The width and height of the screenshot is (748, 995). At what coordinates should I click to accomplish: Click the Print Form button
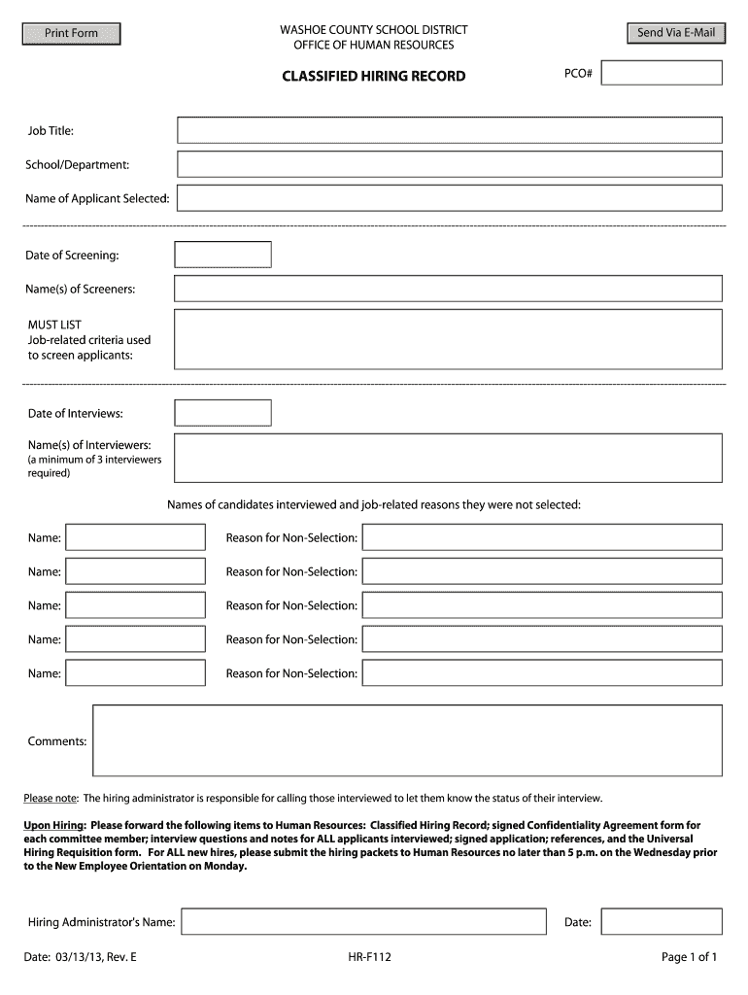click(72, 34)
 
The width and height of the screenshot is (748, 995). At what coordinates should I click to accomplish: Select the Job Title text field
click(449, 130)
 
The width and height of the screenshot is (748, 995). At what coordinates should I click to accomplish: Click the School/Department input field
click(449, 164)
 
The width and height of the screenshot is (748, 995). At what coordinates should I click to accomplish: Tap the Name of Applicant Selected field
click(449, 198)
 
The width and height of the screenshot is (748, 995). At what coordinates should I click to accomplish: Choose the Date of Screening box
click(222, 255)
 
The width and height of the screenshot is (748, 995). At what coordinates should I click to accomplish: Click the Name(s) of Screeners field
click(448, 289)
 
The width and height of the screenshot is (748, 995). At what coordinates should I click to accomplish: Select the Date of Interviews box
click(222, 413)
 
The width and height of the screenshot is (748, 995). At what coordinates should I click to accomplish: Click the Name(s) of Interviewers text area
click(448, 458)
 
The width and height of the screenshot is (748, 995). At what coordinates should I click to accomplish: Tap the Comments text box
click(407, 740)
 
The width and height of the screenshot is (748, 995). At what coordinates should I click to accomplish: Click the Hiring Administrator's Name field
click(364, 921)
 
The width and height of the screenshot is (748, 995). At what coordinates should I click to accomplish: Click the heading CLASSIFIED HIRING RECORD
click(374, 76)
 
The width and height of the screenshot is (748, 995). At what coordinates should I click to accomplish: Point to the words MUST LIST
click(54, 325)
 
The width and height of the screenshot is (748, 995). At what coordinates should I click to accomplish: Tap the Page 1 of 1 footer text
click(689, 957)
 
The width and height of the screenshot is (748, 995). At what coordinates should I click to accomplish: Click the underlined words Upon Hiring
click(54, 825)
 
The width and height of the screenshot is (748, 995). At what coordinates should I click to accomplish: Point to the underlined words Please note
click(51, 799)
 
